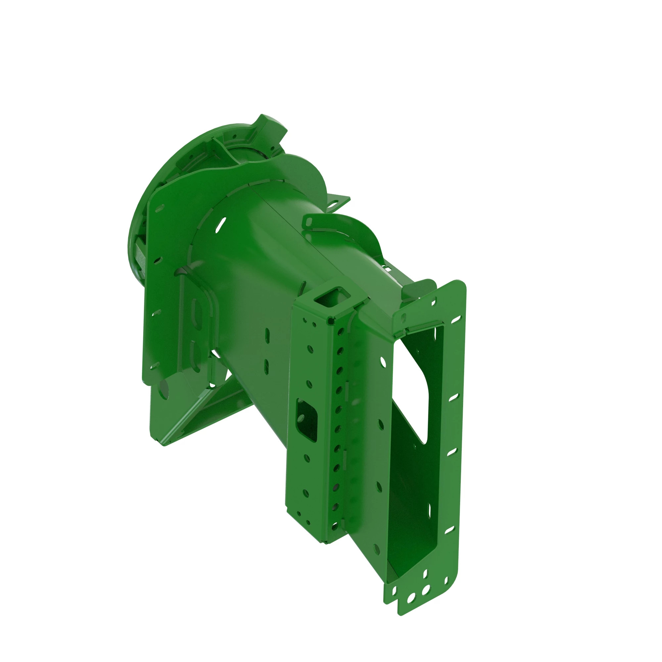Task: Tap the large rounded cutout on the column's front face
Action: click(x=307, y=420)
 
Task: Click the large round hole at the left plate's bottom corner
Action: click(x=164, y=389)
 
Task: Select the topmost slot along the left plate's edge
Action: click(x=160, y=208)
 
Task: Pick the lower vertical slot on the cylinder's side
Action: click(x=266, y=367)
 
